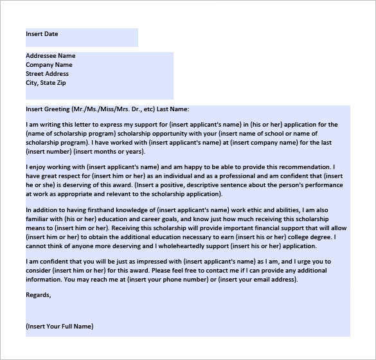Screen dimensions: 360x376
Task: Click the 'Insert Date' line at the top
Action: [x=42, y=33]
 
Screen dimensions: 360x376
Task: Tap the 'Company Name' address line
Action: [x=49, y=65]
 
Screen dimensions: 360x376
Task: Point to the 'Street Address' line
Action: [x=48, y=74]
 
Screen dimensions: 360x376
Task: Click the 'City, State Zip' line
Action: [x=46, y=83]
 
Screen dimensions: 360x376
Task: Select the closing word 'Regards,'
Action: [x=38, y=295]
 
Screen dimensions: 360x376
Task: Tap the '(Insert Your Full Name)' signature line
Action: [x=60, y=327]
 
